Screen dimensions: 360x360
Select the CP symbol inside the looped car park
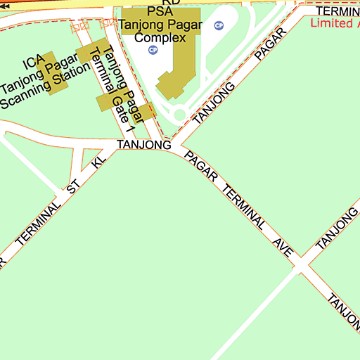point(219,26)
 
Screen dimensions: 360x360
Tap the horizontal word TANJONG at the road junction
point(144,145)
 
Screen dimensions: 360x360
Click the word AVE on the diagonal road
point(284,247)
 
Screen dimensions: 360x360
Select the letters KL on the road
point(99,162)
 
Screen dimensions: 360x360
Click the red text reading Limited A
point(335,23)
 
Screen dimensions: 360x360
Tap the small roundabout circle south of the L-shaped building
point(179,115)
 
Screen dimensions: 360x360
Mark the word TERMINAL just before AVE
point(243,209)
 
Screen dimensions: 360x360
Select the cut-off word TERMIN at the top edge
point(337,11)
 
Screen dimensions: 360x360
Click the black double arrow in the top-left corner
point(6,5)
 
